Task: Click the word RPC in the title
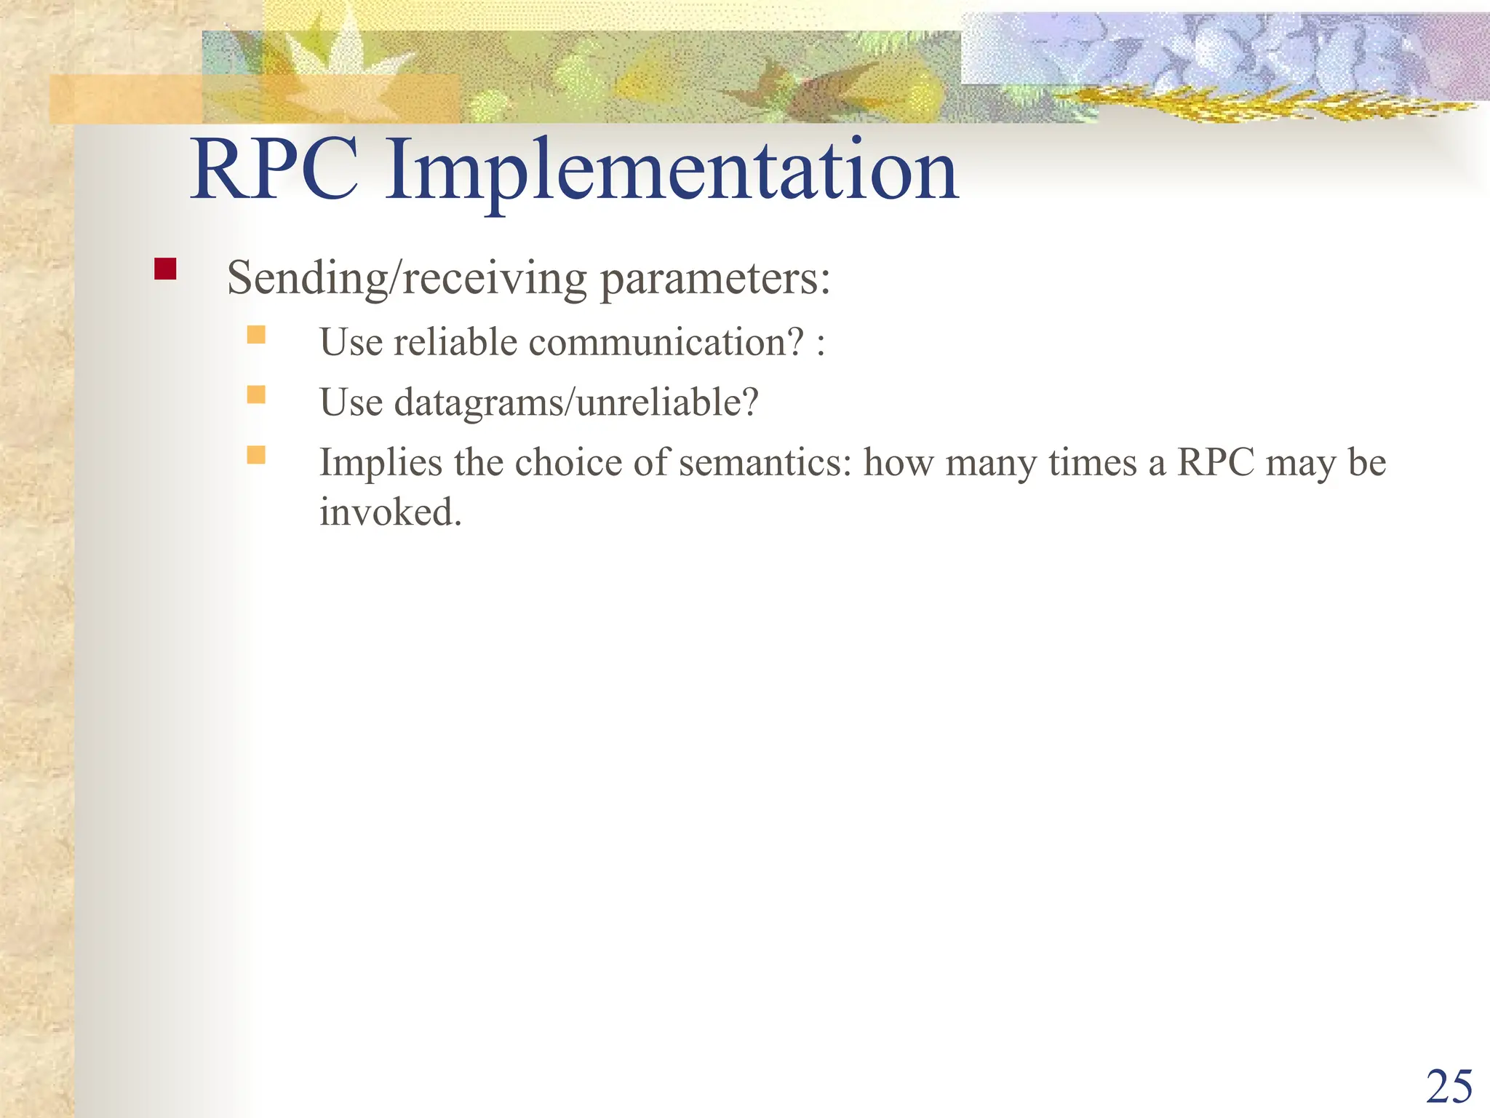click(x=274, y=171)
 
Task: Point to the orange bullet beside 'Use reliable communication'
click(x=256, y=335)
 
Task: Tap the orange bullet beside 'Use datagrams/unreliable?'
click(x=256, y=395)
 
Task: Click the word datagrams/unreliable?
click(x=576, y=403)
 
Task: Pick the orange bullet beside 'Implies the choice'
click(x=256, y=455)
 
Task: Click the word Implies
click(x=381, y=463)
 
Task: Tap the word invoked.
click(x=391, y=512)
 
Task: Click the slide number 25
click(x=1449, y=1087)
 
